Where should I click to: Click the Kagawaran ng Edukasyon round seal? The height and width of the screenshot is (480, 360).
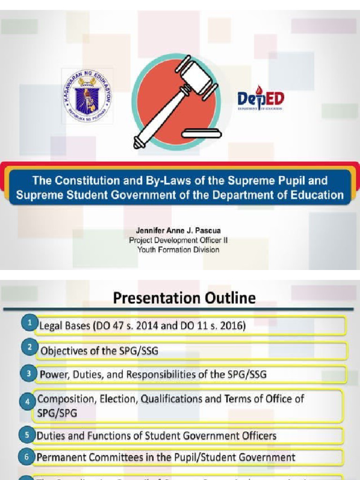click(x=88, y=96)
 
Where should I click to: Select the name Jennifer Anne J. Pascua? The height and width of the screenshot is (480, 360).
click(x=178, y=231)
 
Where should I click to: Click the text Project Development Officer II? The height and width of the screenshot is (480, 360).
click(x=178, y=240)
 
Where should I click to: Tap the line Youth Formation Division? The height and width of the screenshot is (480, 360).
click(x=178, y=249)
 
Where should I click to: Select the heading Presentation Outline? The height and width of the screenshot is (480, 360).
click(x=184, y=298)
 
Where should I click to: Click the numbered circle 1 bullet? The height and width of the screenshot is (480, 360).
click(x=29, y=323)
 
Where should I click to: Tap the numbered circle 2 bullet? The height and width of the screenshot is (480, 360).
click(x=29, y=348)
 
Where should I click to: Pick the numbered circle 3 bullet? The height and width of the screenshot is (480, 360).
click(x=29, y=374)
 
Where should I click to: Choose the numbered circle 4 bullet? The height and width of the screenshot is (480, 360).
click(x=27, y=402)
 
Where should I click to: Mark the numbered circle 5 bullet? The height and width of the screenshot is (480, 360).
click(x=27, y=435)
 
